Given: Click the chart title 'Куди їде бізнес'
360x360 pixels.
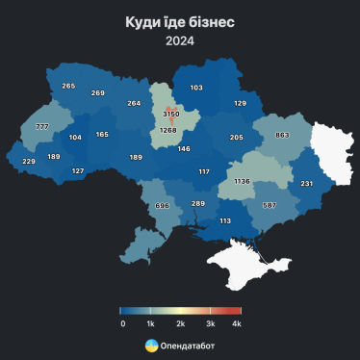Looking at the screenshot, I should coord(179,21).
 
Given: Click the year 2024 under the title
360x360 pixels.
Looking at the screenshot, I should coord(179,40).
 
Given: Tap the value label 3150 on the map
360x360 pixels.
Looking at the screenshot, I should coord(171,114).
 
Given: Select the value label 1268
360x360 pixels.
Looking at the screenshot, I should coord(168,130).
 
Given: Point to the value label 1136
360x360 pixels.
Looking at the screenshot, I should coord(242,181).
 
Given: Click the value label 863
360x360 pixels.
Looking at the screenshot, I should coord(283,136).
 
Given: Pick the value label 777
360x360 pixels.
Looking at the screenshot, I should coord(42,127).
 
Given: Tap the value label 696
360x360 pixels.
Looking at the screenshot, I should coord(162,206).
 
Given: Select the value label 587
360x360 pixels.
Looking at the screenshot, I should coord(270,205).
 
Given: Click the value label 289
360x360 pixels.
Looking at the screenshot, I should coord(198,203).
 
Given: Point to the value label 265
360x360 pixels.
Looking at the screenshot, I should coord(68,86).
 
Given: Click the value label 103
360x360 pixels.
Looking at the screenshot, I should coord(196,88).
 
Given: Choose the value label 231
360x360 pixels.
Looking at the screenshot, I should coord(307,183).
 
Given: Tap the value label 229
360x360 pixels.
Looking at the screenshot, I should coord(29,161).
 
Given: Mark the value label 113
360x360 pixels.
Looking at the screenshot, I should coord(225,220).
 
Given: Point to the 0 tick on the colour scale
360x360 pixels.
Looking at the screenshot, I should coord(122,325).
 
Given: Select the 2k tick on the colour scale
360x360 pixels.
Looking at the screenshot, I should coord(180,325).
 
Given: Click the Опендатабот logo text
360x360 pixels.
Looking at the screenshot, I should coord(189,345).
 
